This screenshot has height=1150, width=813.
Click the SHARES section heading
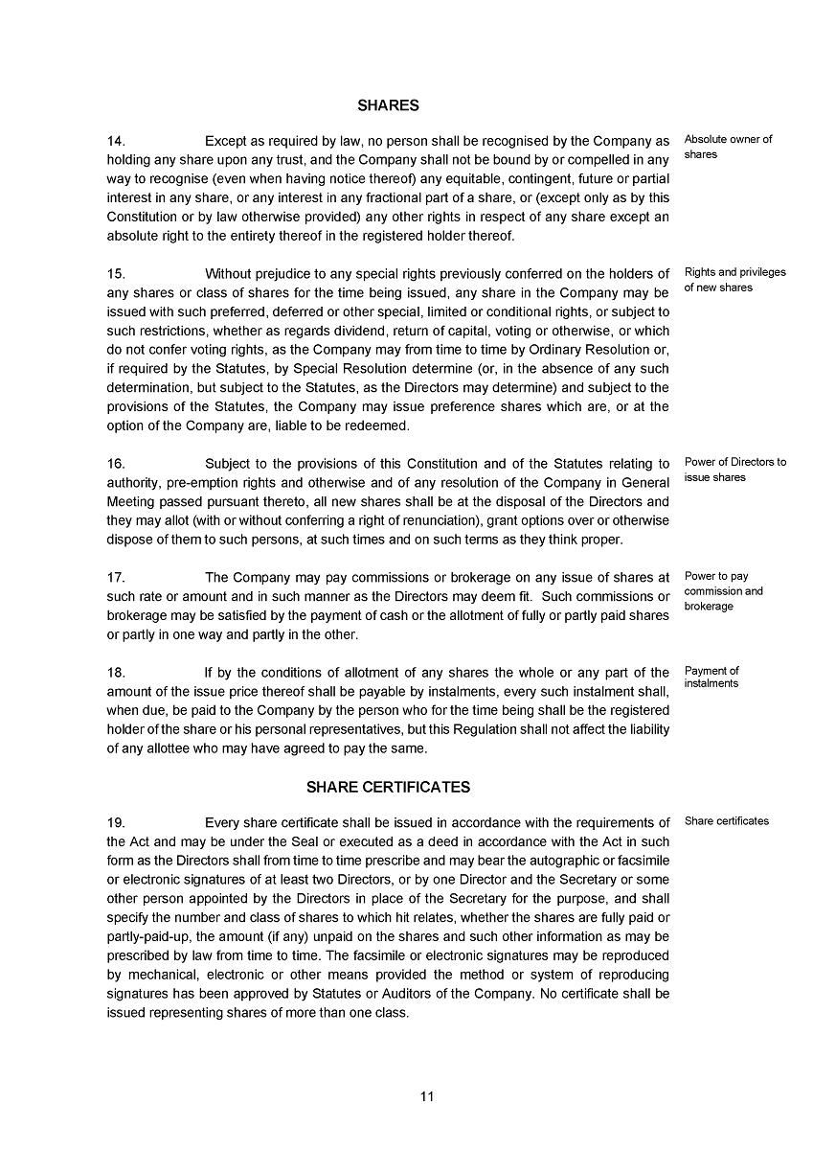pos(388,105)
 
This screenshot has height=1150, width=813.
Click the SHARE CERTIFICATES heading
pos(388,787)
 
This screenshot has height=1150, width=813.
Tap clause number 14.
pos(116,141)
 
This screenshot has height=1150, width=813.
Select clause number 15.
pos(116,274)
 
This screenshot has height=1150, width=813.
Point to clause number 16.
pos(116,464)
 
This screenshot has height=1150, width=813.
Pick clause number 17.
pos(116,578)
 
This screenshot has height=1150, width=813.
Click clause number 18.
pos(116,673)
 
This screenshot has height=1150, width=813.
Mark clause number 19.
pos(116,822)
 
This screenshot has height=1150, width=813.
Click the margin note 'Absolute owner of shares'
pos(728,147)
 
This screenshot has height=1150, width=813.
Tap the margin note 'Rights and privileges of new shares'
pos(734,280)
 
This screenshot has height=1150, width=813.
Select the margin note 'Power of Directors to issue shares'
pos(734,470)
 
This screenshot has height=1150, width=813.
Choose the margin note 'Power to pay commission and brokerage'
pos(723,591)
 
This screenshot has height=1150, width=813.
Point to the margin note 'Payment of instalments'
pos(711,677)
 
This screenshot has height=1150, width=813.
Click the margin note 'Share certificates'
pos(727,821)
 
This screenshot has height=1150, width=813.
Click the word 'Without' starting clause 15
pos(228,274)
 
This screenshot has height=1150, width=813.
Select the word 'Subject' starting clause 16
pos(228,464)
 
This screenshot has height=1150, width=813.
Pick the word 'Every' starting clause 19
pos(222,822)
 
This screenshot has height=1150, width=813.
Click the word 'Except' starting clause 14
pos(226,141)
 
